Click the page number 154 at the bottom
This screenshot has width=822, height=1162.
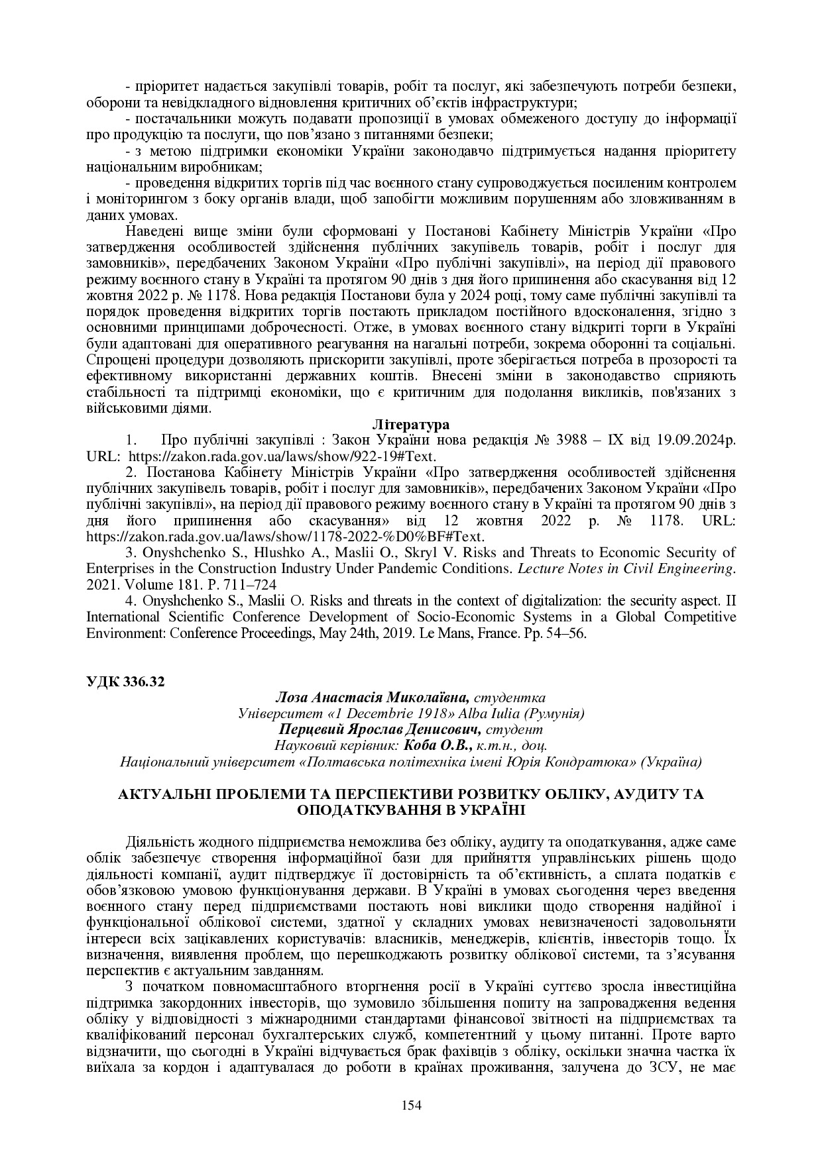(411, 1104)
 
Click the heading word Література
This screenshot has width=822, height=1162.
(411, 425)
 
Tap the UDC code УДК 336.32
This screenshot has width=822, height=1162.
(125, 683)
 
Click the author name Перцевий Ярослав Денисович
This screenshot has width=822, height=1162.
(375, 729)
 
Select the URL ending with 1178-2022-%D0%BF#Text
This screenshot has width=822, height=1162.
(286, 536)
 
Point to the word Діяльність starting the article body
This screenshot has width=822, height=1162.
(156, 842)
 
